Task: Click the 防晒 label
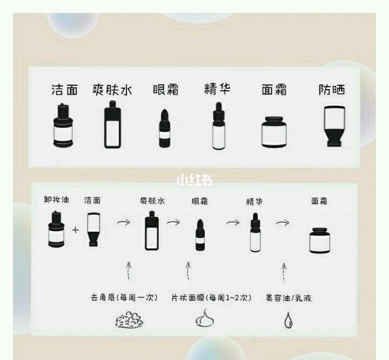(331, 90)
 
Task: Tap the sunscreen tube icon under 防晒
(331, 126)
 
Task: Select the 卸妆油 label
(57, 200)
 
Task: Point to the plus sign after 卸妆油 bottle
(75, 230)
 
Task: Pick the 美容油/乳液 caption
(289, 297)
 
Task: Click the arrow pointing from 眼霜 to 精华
(233, 222)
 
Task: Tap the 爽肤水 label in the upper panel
(112, 90)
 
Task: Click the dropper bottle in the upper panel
(218, 126)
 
